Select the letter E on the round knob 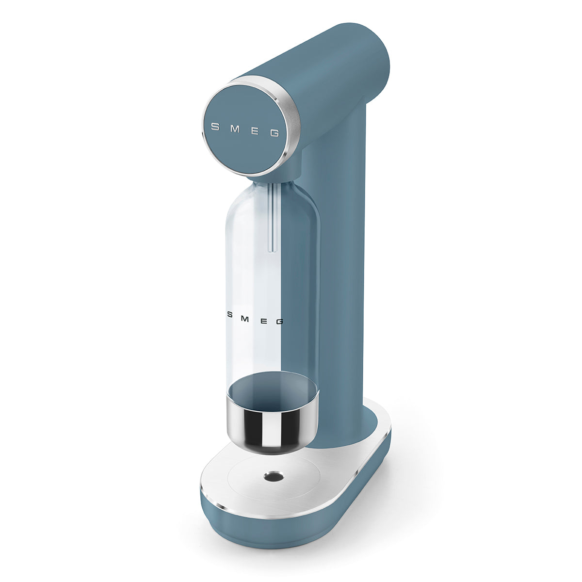[255, 130]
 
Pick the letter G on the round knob [275, 133]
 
